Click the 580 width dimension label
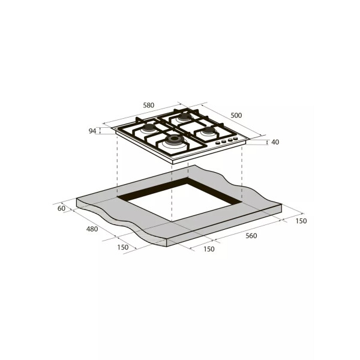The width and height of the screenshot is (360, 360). click(x=149, y=106)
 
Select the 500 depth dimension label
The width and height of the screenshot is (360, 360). click(x=236, y=115)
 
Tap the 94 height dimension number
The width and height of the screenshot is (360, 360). click(x=92, y=131)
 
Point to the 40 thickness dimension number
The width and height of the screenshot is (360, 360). click(x=275, y=142)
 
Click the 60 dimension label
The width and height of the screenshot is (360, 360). click(x=61, y=208)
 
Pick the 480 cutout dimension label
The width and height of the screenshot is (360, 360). click(x=92, y=229)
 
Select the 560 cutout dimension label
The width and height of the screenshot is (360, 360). click(x=251, y=236)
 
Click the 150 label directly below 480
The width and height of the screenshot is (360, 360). click(x=123, y=247)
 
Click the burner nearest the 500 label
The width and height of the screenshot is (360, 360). click(x=184, y=118)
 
